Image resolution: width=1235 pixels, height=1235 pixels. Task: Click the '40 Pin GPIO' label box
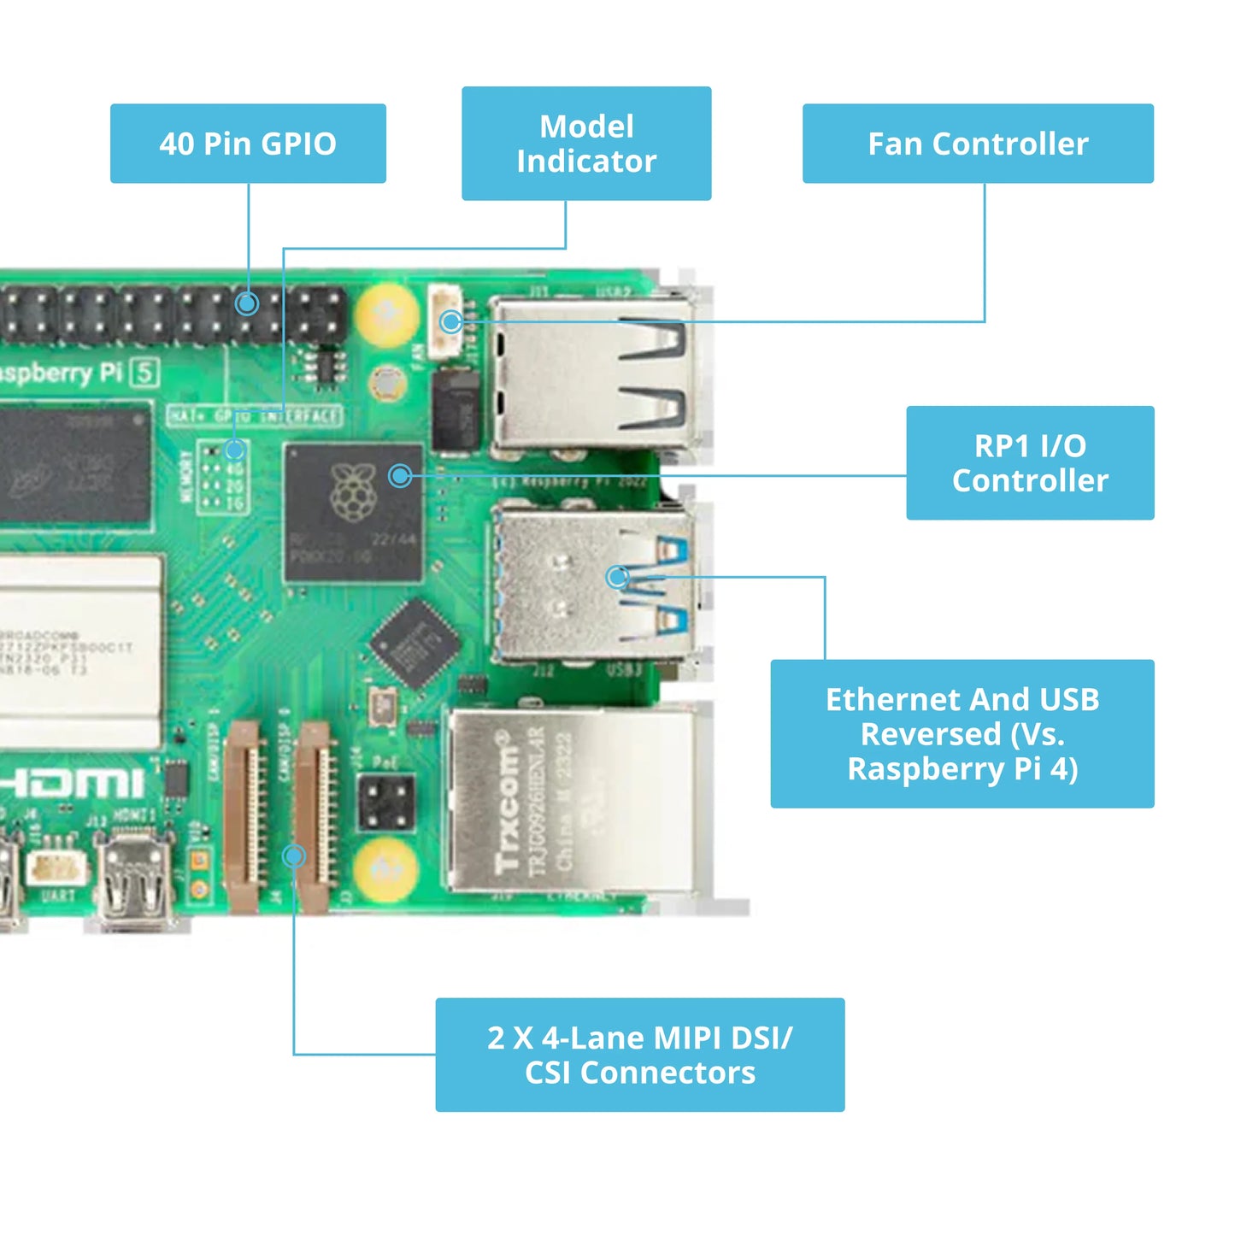click(248, 144)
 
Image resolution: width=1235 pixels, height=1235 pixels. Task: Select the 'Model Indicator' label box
click(586, 144)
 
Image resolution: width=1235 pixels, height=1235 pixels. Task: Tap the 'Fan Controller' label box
click(978, 144)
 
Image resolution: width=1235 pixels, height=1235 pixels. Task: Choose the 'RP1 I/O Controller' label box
click(1030, 462)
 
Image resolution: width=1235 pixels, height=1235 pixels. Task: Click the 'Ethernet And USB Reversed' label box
click(962, 733)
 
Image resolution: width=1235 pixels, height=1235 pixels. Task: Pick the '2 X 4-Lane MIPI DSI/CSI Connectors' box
click(639, 1055)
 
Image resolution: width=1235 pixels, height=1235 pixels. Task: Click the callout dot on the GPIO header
click(247, 303)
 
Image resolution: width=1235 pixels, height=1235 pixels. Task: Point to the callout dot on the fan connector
click(451, 322)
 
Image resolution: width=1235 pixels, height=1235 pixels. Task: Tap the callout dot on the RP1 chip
click(400, 476)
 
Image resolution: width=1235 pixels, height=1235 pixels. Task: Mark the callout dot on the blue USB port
click(617, 577)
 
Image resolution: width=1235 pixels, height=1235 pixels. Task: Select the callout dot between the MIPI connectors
click(294, 856)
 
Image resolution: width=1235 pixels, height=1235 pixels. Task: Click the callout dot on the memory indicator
click(235, 450)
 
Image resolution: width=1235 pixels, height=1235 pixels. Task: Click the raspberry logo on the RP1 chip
click(352, 493)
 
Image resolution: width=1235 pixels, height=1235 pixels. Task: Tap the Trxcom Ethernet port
click(568, 800)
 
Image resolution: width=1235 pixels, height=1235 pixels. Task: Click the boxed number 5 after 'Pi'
click(145, 373)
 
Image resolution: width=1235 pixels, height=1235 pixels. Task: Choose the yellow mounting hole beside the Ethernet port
click(386, 869)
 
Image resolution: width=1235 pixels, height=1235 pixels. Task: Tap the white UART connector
click(56, 868)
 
